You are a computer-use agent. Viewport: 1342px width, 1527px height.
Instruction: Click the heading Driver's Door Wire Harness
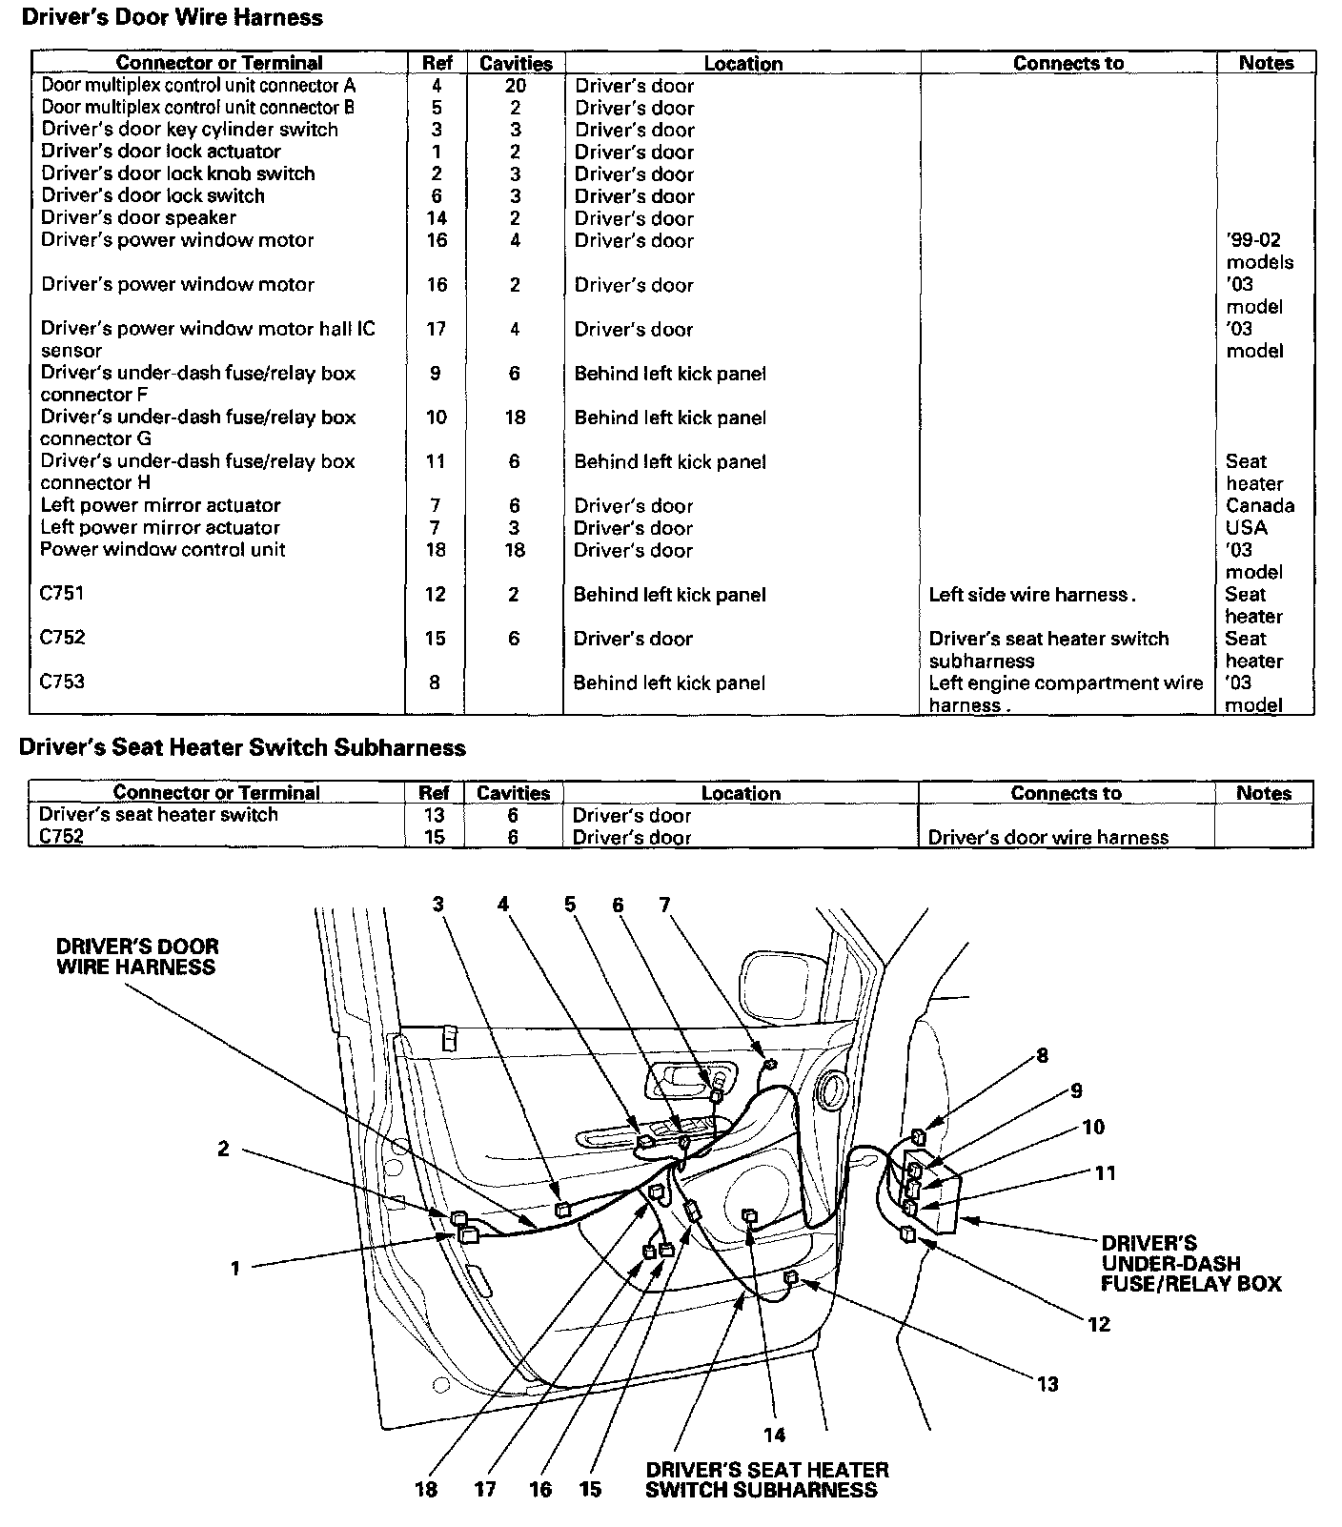pyautogui.click(x=172, y=17)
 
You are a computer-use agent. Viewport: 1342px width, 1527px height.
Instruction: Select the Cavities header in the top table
pyautogui.click(x=516, y=64)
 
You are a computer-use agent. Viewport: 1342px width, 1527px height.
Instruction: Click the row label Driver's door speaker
pyautogui.click(x=138, y=217)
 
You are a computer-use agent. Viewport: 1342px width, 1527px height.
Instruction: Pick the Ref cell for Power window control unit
pyautogui.click(x=436, y=549)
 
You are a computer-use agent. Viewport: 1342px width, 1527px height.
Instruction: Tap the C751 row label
pyautogui.click(x=62, y=593)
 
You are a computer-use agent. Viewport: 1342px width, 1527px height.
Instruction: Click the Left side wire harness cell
pyautogui.click(x=1032, y=595)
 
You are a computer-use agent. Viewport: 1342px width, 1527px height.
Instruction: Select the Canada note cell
pyautogui.click(x=1260, y=505)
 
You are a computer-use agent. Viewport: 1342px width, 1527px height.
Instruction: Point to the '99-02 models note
pyautogui.click(x=1260, y=251)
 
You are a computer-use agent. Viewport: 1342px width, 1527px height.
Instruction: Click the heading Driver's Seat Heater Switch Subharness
pyautogui.click(x=243, y=748)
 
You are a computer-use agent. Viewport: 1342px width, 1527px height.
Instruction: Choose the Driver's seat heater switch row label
pyautogui.click(x=158, y=815)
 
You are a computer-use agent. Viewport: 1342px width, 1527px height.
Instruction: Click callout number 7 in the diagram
pyautogui.click(x=664, y=904)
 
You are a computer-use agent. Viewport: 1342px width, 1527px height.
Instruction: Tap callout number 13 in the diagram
pyautogui.click(x=1047, y=1384)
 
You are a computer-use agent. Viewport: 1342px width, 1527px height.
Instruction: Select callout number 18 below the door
pyautogui.click(x=426, y=1489)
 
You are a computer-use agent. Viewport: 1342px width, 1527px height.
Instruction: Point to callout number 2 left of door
pyautogui.click(x=223, y=1149)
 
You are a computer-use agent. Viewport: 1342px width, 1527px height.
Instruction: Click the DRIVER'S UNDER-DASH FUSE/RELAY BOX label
pyautogui.click(x=1190, y=1263)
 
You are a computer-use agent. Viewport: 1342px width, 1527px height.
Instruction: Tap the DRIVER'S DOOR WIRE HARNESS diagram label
pyautogui.click(x=137, y=957)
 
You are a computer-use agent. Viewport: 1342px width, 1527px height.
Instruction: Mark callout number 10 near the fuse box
pyautogui.click(x=1092, y=1128)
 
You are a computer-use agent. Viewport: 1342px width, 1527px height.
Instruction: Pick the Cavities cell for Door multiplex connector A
pyautogui.click(x=516, y=86)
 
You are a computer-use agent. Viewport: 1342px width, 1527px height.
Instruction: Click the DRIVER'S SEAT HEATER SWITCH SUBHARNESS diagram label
pyautogui.click(x=766, y=1480)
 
